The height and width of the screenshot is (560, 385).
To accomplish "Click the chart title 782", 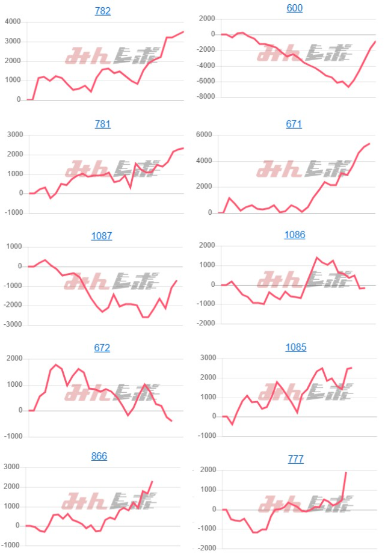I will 103,11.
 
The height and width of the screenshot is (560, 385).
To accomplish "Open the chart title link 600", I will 295,8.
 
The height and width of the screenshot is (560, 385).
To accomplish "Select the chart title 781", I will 103,124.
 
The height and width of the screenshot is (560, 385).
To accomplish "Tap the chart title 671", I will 294,124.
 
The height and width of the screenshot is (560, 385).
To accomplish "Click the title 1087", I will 102,236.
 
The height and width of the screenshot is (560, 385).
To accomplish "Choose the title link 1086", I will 295,235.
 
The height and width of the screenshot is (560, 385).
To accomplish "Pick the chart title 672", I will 102,348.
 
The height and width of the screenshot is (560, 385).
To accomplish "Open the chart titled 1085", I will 295,347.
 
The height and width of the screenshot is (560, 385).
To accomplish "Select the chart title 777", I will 295,459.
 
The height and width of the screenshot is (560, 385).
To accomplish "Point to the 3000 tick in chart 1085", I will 206,358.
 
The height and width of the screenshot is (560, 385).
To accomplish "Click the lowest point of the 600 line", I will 348,87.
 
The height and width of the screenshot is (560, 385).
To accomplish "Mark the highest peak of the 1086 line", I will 317,257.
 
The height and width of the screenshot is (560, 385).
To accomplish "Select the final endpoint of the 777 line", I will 346,473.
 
